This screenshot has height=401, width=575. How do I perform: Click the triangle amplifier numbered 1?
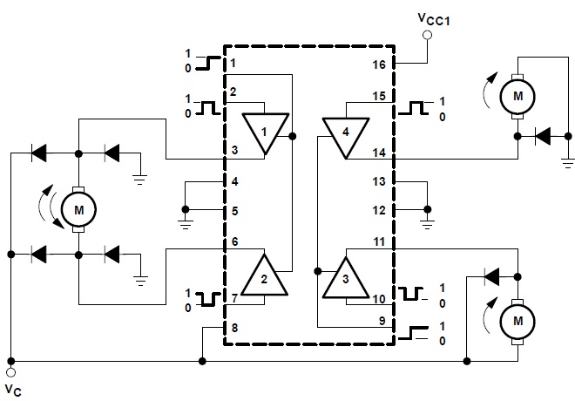[265, 133]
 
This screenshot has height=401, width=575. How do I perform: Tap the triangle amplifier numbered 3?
[346, 278]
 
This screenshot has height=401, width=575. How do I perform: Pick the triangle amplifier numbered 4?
[346, 137]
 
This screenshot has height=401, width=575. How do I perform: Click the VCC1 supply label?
[434, 19]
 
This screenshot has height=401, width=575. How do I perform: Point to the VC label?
[13, 390]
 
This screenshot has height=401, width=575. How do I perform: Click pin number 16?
[379, 65]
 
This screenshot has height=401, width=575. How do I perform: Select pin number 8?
[234, 327]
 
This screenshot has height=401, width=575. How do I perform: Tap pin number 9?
[382, 321]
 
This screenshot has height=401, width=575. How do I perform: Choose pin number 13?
[379, 181]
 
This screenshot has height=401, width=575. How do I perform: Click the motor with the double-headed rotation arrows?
[78, 210]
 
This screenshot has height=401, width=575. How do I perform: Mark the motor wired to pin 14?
[517, 97]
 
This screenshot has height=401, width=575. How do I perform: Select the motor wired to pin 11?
[517, 322]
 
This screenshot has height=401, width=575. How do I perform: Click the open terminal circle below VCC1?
[427, 35]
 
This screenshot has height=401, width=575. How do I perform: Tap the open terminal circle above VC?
[11, 373]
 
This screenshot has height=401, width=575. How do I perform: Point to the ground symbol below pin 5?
[186, 224]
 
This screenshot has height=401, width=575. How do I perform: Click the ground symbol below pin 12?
[427, 224]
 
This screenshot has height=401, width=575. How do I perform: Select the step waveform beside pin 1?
[208, 63]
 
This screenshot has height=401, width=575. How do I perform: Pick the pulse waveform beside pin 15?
[413, 108]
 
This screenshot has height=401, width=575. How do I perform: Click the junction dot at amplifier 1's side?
[292, 137]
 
